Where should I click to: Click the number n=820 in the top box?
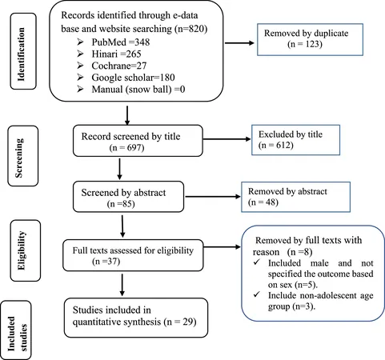coord(191,29)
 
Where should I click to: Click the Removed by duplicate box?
coord(310,39)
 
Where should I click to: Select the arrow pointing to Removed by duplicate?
coord(239,43)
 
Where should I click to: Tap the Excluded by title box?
coord(295,140)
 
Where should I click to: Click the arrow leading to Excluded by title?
coord(227,139)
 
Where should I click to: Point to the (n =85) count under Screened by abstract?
coord(121,204)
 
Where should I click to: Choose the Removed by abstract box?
coord(295,197)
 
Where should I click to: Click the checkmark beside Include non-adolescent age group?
coord(257,294)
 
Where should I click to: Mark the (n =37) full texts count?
coord(106,262)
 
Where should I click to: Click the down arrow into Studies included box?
coord(122,285)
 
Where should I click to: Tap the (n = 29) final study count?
coord(180,322)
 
